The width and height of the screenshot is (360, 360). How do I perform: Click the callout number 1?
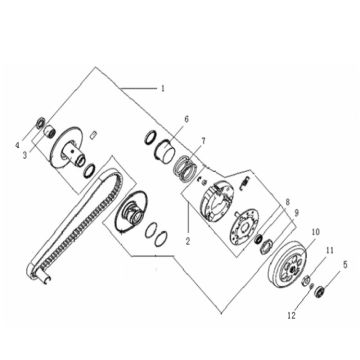162,89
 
